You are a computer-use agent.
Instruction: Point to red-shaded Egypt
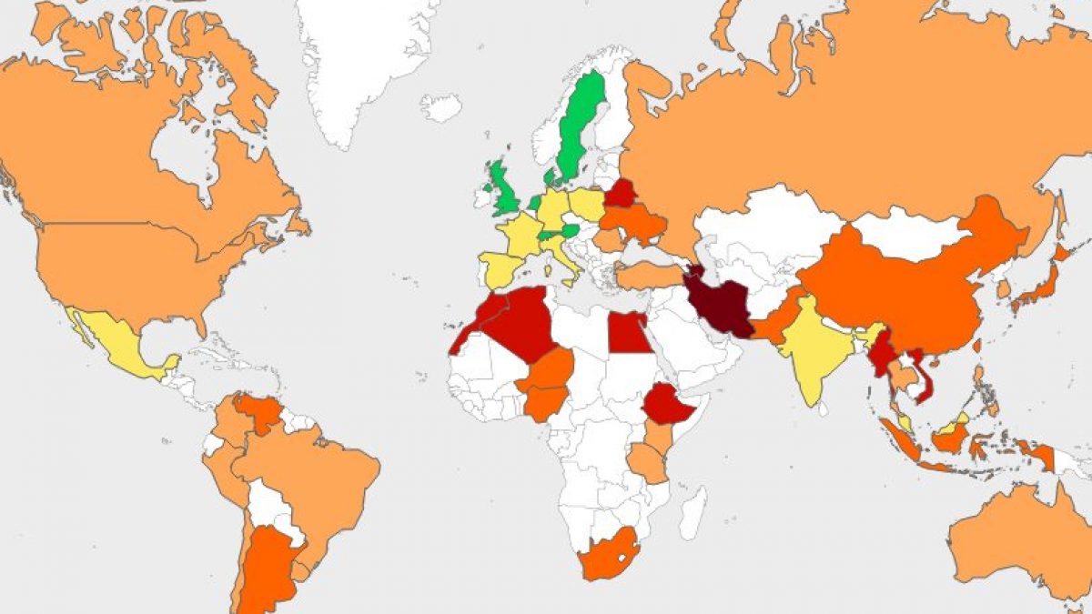pyautogui.click(x=628, y=332)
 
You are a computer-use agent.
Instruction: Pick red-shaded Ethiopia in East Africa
pyautogui.click(x=672, y=405)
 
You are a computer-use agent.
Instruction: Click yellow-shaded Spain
pyautogui.click(x=503, y=268)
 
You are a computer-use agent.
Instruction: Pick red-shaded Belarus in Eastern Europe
pyautogui.click(x=622, y=193)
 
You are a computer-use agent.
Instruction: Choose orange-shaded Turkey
pyautogui.click(x=648, y=275)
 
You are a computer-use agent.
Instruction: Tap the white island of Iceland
pyautogui.click(x=441, y=107)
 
